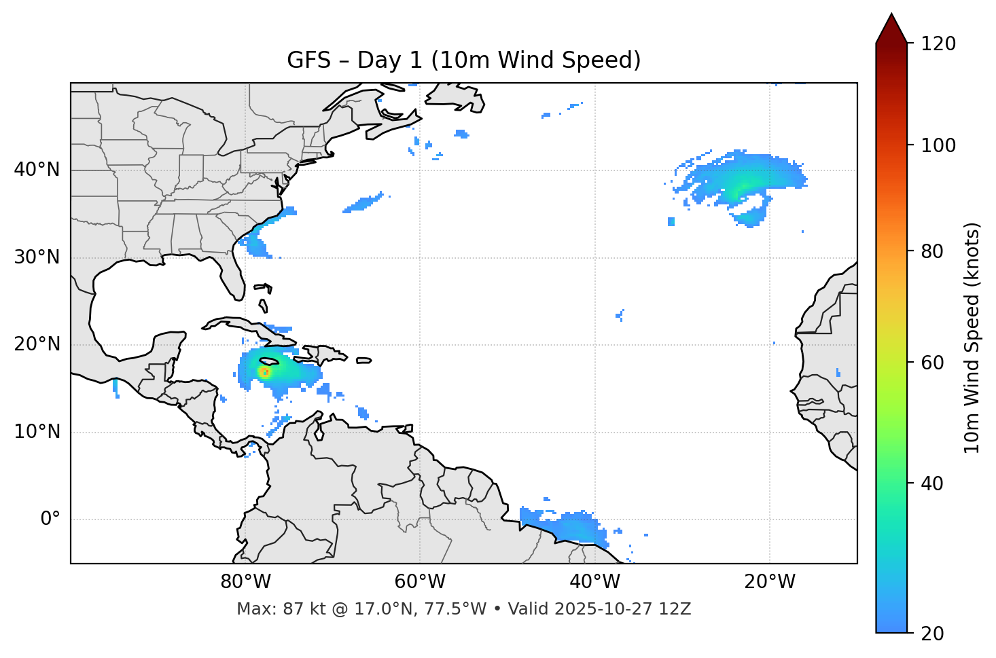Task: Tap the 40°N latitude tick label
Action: click(37, 170)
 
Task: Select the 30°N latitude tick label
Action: click(37, 257)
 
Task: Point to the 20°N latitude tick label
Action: click(37, 344)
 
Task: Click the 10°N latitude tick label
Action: click(37, 432)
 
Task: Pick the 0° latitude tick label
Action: click(50, 519)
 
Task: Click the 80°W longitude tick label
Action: click(245, 582)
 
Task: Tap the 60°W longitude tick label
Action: click(420, 582)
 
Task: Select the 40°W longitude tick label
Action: click(594, 582)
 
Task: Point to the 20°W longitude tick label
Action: click(769, 582)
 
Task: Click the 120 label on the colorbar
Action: click(938, 44)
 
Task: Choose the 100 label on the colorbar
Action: click(938, 145)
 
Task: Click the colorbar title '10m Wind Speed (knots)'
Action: click(972, 337)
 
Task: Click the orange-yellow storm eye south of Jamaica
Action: click(264, 372)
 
